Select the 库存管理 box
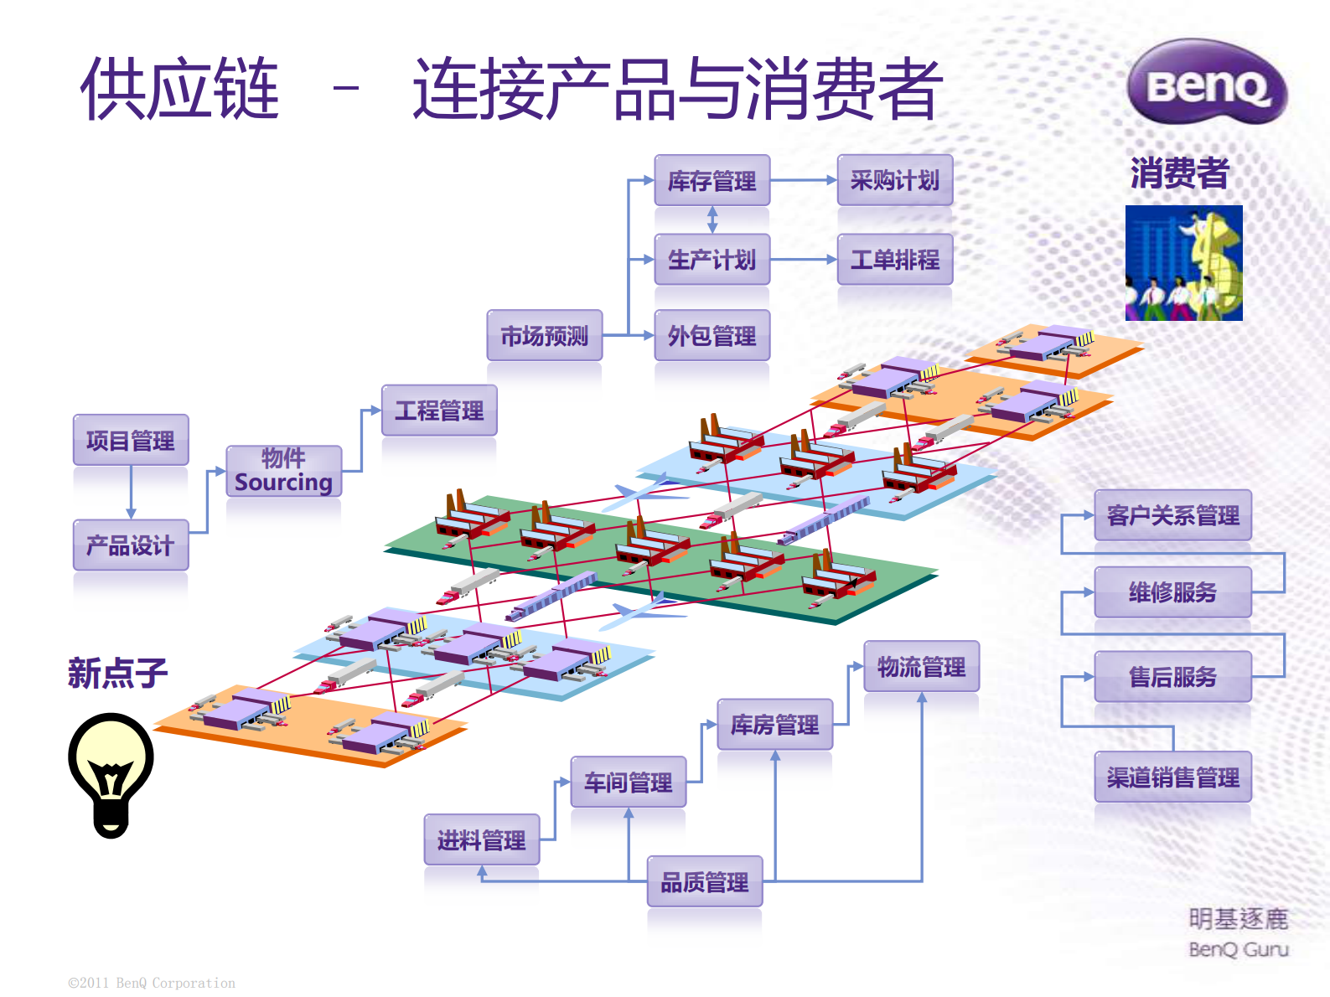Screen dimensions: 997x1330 point(712,180)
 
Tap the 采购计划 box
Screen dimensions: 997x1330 point(894,180)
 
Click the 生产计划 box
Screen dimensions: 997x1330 point(712,260)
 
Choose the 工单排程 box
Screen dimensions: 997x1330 point(894,260)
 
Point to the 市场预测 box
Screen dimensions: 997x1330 point(544,335)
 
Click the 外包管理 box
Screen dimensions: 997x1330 point(712,335)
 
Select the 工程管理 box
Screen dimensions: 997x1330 point(439,411)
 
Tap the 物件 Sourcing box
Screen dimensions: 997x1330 point(283,471)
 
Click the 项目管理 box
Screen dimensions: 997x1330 point(131,440)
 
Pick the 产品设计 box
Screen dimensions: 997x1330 point(131,545)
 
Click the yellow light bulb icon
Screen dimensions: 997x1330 point(111,772)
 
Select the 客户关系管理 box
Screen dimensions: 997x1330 point(1172,515)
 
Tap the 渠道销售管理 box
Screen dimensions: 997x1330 point(1172,777)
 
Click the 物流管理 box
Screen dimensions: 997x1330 point(921,667)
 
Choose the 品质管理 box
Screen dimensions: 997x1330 point(704,881)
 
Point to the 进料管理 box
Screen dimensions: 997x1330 point(481,839)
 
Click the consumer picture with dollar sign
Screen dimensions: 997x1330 point(1183,263)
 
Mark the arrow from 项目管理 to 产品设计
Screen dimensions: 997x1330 point(131,493)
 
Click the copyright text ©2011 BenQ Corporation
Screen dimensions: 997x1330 point(152,983)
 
